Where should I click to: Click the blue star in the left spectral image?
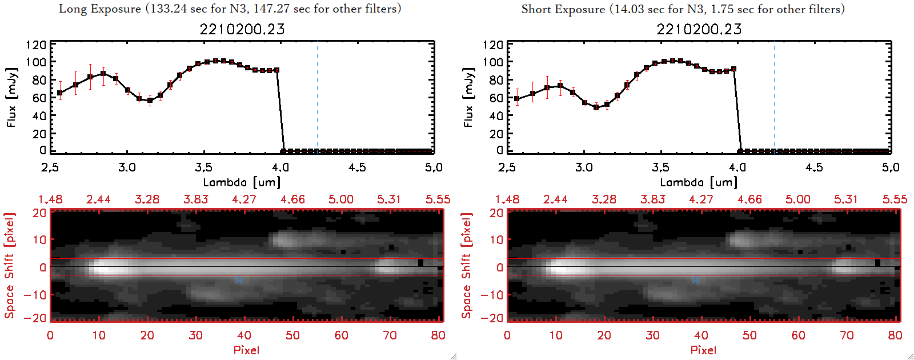239,279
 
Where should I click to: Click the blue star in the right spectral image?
695,279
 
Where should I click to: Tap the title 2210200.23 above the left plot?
242,29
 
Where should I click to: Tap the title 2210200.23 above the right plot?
699,29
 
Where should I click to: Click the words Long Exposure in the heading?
100,9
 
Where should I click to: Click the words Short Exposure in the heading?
563,9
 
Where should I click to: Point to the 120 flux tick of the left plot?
36,45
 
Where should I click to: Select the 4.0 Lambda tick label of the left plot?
280,167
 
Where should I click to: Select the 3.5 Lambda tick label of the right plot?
660,167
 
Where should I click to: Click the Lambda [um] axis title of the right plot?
699,182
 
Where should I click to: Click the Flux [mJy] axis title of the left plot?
11,97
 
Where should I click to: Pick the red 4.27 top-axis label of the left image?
244,199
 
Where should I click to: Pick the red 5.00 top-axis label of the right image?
797,199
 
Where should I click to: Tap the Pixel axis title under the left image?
246,350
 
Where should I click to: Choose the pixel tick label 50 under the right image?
749,335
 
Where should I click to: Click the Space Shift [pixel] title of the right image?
467,265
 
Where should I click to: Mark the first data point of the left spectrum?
60,93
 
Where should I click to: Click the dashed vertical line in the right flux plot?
774,97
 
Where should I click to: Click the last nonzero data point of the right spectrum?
733,69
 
